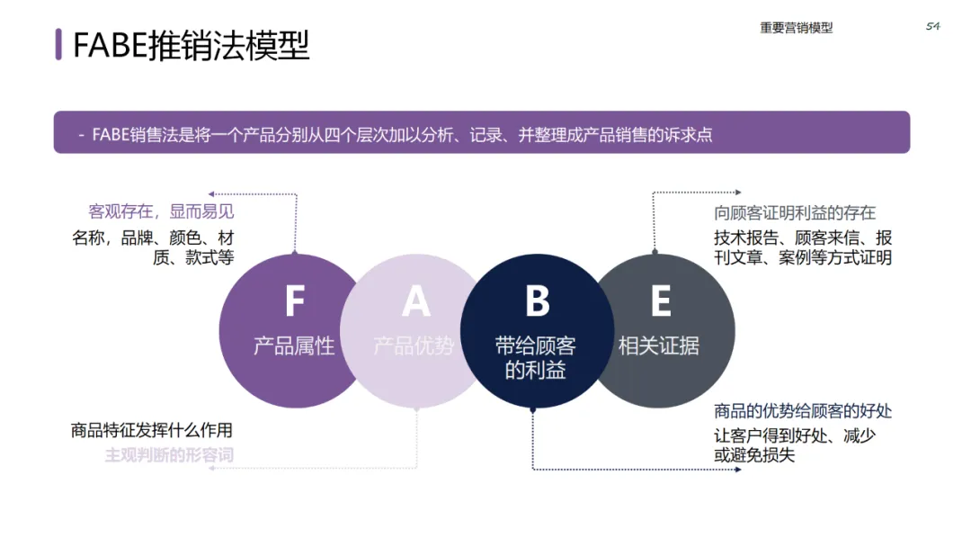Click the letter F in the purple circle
coord(294,301)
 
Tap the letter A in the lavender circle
coord(415,301)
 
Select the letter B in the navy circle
coord(537,301)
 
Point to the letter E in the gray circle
coord(660,301)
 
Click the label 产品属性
coord(294,345)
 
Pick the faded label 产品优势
coord(414,345)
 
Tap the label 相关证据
coord(659,345)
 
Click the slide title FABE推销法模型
coord(191,45)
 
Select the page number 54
coord(932,26)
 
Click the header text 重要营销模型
coord(796,28)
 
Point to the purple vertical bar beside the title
coord(58,44)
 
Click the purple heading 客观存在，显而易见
coord(161,211)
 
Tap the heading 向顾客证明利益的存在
coord(795,213)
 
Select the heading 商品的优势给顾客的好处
coord(803,411)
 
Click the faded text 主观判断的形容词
coord(169,454)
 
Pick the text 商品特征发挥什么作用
coord(152,430)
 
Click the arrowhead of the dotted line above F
coord(211,193)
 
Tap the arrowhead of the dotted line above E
coord(738,192)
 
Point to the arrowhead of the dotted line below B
coord(738,470)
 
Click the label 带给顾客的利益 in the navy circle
coord(536,357)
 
